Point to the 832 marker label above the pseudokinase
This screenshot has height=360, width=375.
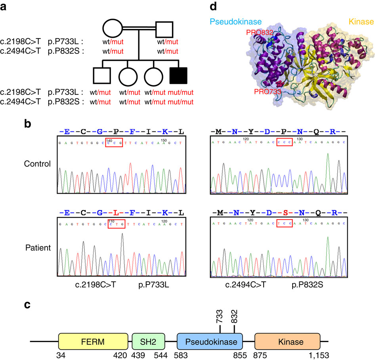235,316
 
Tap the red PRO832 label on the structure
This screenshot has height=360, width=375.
259,32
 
